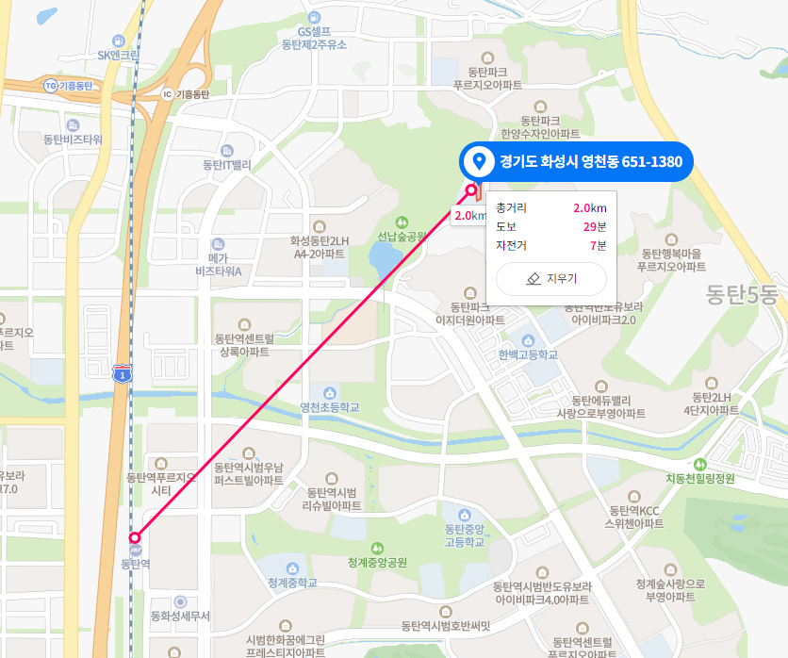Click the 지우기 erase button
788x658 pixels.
550,279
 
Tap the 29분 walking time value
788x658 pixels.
594,226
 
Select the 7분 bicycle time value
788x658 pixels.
598,245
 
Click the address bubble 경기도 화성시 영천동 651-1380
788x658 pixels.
576,162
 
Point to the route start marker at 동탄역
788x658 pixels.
135,538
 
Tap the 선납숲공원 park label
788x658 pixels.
402,237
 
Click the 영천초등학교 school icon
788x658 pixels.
330,392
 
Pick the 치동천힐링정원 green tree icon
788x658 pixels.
699,464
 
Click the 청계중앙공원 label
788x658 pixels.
377,563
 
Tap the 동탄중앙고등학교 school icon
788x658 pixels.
463,515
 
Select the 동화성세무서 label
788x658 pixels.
180,617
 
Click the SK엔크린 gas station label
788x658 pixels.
118,55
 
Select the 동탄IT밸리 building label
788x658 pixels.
227,165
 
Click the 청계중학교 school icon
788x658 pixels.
292,569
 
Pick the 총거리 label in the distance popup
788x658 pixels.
512,207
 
